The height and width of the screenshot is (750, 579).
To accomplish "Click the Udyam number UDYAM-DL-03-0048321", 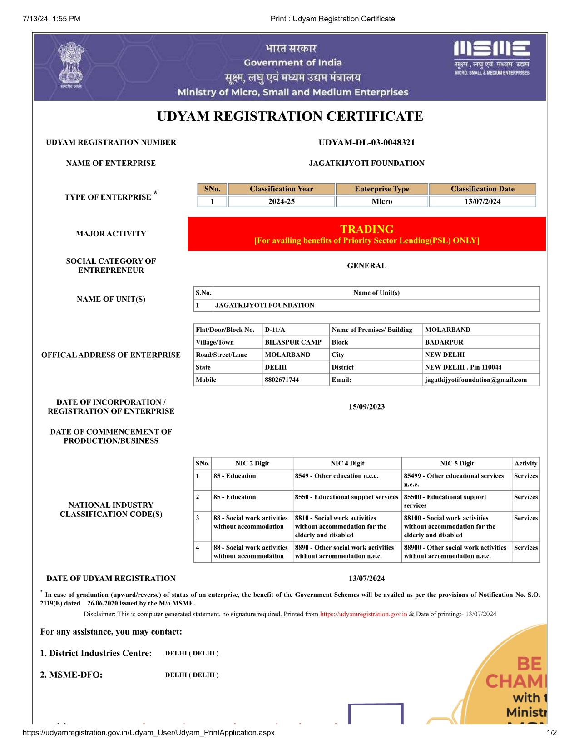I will (366, 142).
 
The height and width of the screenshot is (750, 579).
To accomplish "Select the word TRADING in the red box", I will (366, 229).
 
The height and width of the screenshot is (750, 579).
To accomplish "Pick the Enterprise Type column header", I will (382, 189).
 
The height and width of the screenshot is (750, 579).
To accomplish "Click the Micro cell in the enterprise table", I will (382, 201).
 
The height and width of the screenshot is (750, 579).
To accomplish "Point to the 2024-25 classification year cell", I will (281, 201).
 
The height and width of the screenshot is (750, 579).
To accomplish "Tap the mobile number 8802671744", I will (282, 380).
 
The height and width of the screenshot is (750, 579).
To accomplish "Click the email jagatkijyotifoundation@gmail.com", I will (476, 380).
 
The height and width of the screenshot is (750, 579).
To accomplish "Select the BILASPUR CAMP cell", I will (293, 342).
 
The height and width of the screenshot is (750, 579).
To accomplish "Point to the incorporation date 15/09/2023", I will (366, 407).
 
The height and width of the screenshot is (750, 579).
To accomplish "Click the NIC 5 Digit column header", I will (456, 464).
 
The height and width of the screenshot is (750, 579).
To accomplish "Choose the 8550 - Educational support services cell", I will (346, 497).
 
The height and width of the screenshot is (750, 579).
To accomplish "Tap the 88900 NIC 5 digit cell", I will (455, 552).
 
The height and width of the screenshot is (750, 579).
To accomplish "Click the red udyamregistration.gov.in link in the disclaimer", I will (363, 614).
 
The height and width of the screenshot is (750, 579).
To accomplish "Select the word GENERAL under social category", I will (366, 266).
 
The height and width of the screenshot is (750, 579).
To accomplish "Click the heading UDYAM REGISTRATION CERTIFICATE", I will (290, 116).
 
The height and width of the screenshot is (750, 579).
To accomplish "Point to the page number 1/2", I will (552, 732).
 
